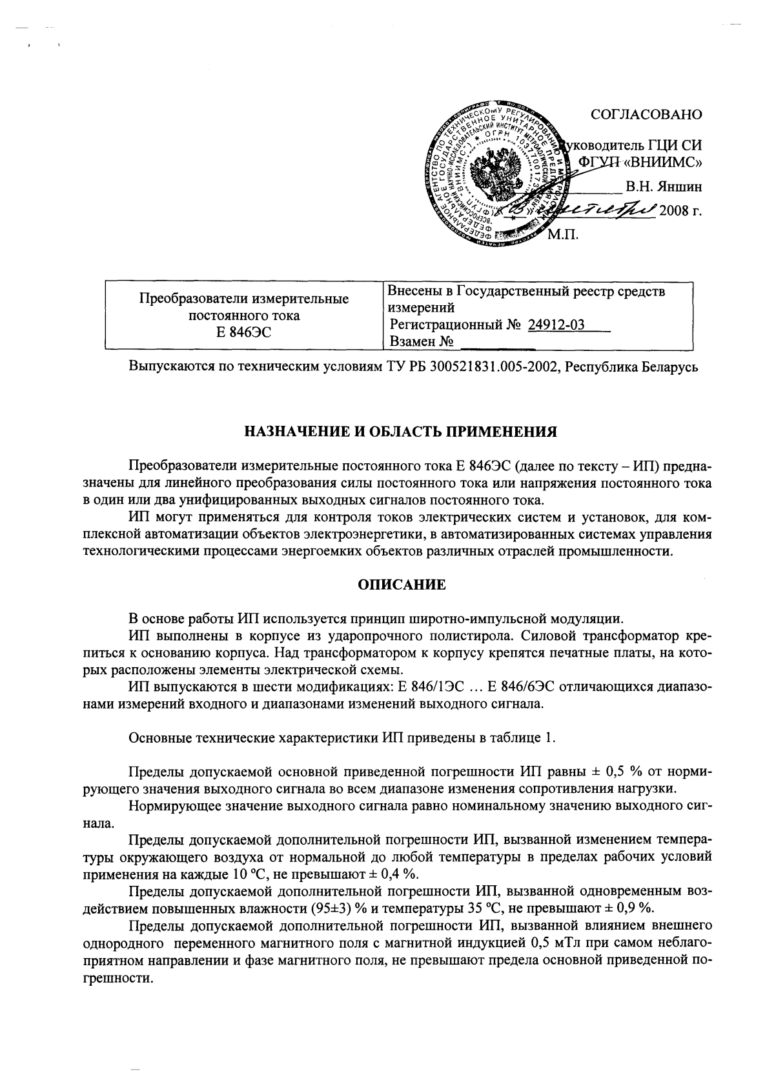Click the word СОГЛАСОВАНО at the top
646,115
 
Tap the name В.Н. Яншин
663,187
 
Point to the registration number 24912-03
556,325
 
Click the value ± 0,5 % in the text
620,772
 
